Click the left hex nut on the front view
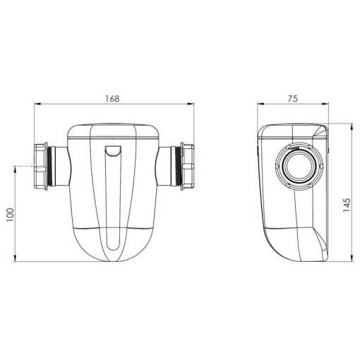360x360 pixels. tap(40, 167)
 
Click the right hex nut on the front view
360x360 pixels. tap(188, 167)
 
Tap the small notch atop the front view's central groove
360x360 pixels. tap(114, 150)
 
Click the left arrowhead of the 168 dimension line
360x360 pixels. tap(37, 104)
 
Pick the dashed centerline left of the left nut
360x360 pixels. tap(23, 167)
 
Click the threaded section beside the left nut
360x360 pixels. tap(49, 167)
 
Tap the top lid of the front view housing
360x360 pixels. tap(114, 130)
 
